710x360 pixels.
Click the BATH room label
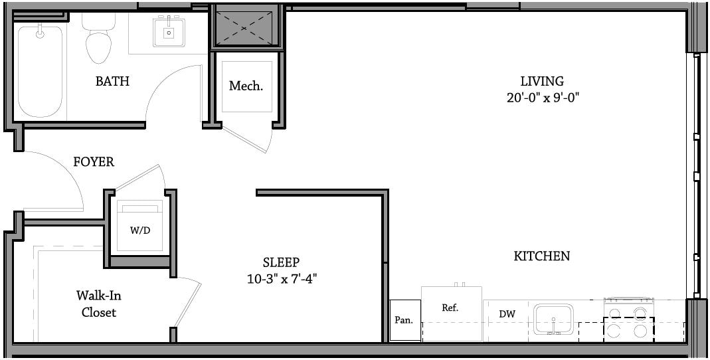pyautogui.click(x=112, y=82)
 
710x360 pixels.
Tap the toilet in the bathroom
pyautogui.click(x=98, y=40)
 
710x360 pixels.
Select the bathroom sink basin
pyautogui.click(x=169, y=31)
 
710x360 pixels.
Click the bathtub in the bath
pyautogui.click(x=40, y=71)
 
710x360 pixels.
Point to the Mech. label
pyautogui.click(x=246, y=86)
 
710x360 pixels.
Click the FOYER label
pyautogui.click(x=94, y=161)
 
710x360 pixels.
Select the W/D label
pyautogui.click(x=140, y=230)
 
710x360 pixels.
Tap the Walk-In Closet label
pyautogui.click(x=99, y=304)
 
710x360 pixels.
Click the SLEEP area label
pyautogui.click(x=281, y=262)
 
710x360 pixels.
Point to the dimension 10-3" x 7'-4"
pyautogui.click(x=281, y=278)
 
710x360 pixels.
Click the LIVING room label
pyautogui.click(x=542, y=81)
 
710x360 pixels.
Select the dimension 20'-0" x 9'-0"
pyautogui.click(x=543, y=98)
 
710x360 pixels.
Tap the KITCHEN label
pyautogui.click(x=541, y=256)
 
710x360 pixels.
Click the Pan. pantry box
pyautogui.click(x=405, y=320)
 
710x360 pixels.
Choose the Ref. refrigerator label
pyautogui.click(x=450, y=308)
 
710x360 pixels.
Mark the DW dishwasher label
pyautogui.click(x=507, y=314)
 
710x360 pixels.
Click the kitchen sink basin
pyautogui.click(x=553, y=319)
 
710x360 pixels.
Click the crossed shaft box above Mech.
pyautogui.click(x=245, y=28)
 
